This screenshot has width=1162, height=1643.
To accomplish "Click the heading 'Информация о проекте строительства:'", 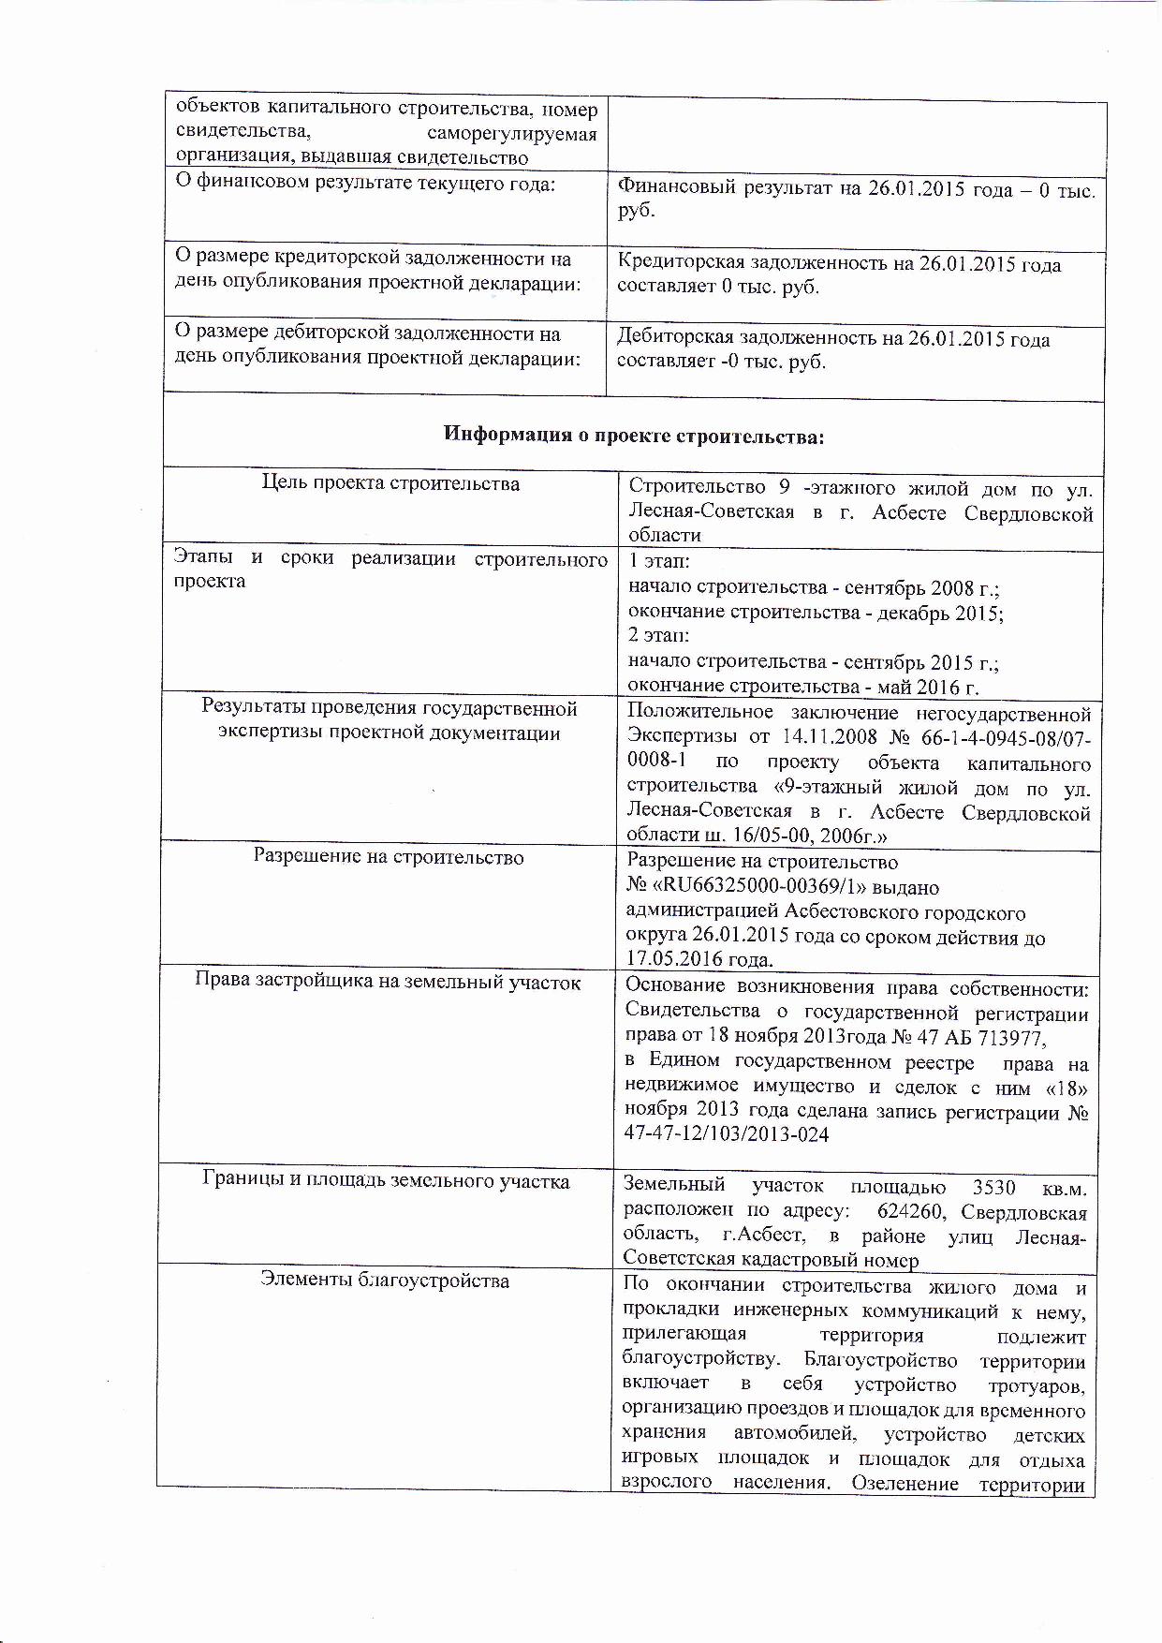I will [x=634, y=436].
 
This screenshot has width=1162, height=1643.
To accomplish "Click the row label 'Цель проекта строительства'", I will [x=390, y=483].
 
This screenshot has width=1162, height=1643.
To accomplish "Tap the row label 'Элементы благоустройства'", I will [x=385, y=1280].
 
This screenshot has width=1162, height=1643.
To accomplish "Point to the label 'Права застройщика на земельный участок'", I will [x=388, y=982].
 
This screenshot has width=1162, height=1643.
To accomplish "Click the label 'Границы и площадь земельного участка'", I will [x=386, y=1181].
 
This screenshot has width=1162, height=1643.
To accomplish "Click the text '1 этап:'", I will [x=659, y=561].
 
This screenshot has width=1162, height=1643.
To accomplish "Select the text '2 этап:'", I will [x=659, y=635].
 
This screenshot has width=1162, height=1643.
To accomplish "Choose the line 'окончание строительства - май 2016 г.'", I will [x=803, y=687].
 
